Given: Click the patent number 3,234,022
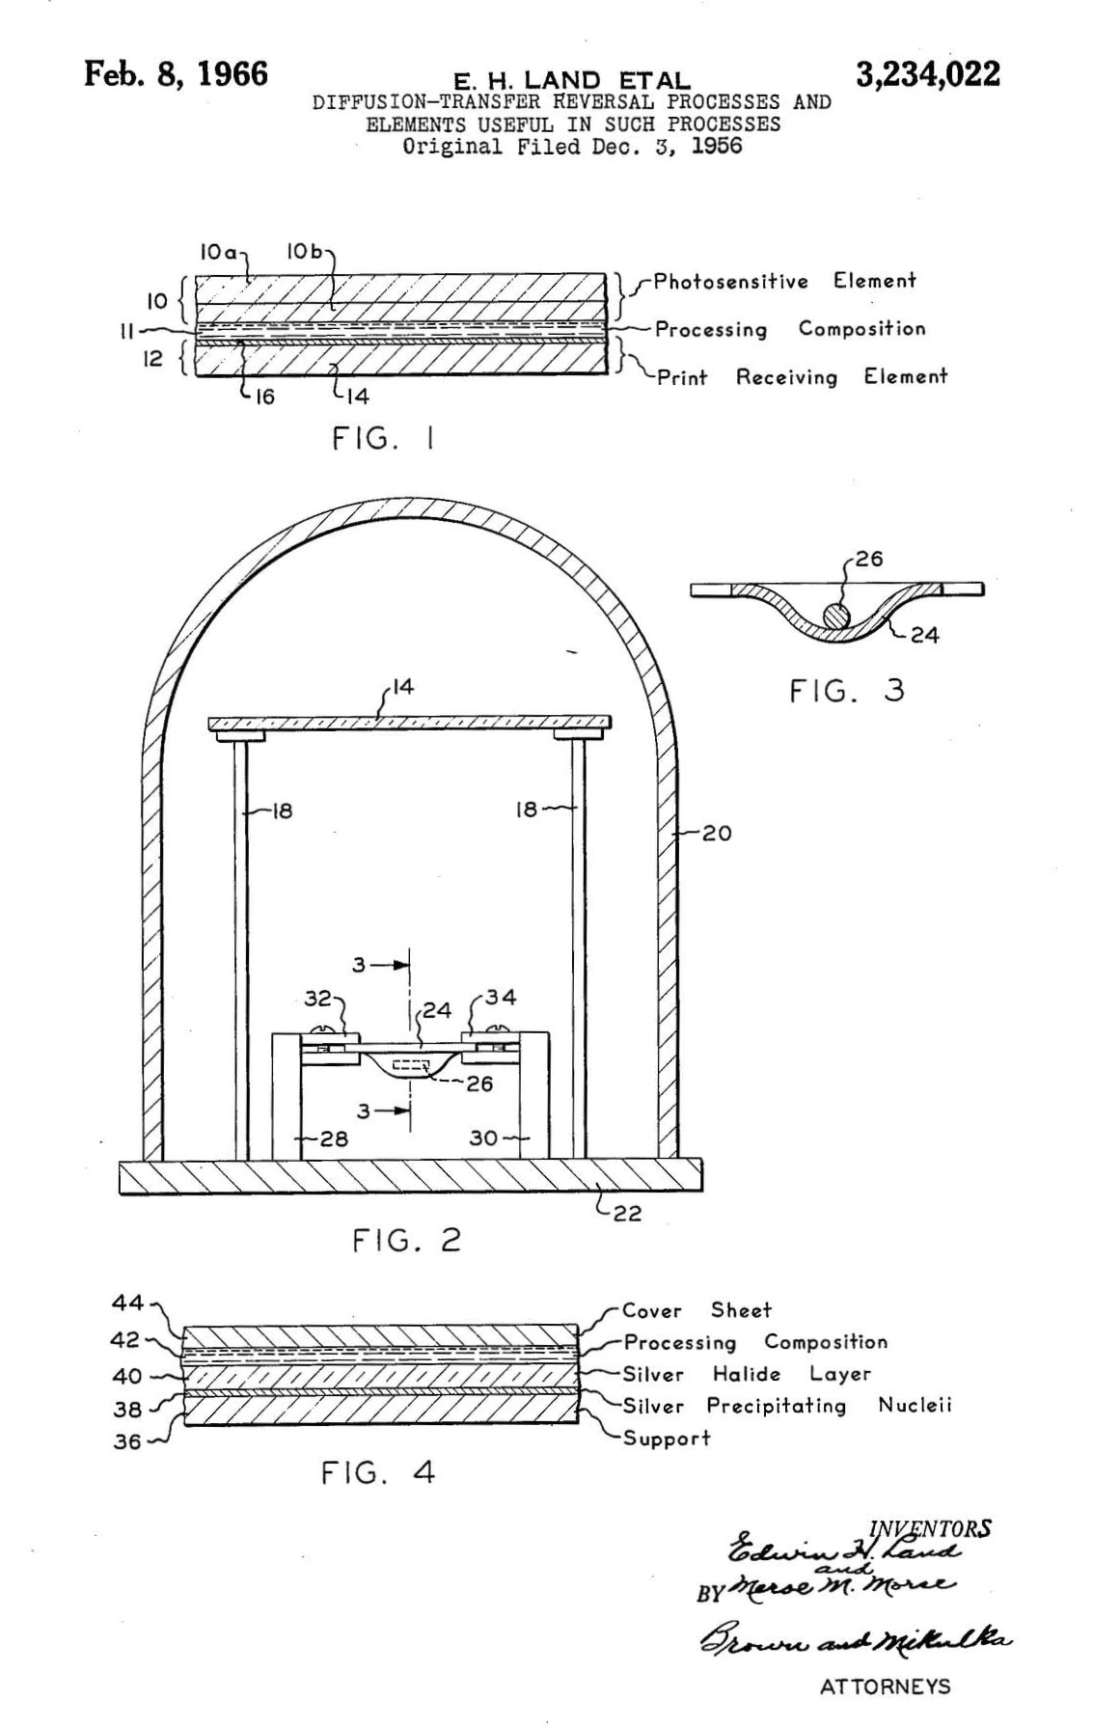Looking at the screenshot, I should pos(927,74).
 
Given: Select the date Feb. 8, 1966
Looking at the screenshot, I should pos(176,73).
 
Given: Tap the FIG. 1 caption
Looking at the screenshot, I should pos(382,439).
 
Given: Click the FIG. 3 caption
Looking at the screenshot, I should pos(846,691).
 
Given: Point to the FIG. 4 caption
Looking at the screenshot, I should pos(377,1472).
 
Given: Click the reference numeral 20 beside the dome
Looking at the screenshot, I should pos(716,833).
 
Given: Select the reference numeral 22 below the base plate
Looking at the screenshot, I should pos(627,1214).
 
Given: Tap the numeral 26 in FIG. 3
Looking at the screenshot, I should pos(868,559).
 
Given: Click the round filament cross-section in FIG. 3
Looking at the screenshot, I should pos(835,615).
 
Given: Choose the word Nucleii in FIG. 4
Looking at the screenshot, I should pos(914,1405).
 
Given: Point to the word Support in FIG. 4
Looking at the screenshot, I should pos(666,1438).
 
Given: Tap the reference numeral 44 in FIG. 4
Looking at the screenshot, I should pos(127,1303).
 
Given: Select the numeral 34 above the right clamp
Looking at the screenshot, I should pos(501,997).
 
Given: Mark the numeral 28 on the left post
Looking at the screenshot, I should pos(334,1138).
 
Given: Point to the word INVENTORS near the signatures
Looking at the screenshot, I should pos(929,1528).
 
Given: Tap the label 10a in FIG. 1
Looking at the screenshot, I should pos(218,252).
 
